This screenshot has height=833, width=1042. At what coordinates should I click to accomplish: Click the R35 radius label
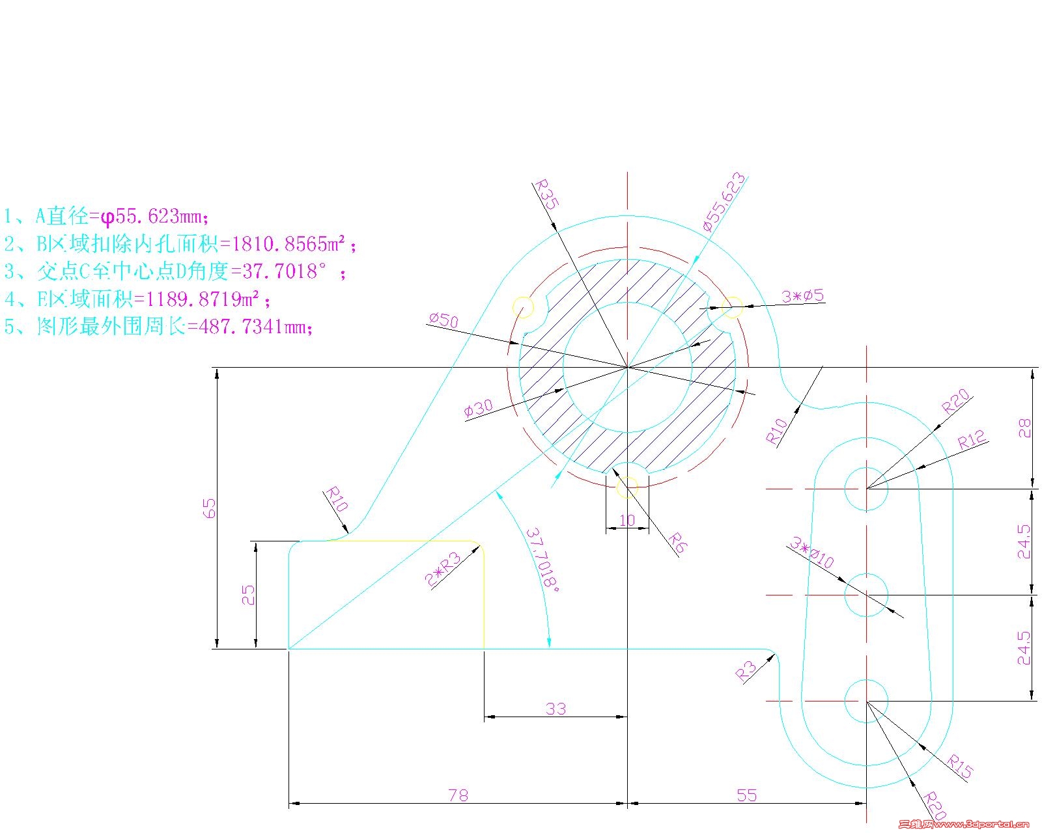click(x=546, y=194)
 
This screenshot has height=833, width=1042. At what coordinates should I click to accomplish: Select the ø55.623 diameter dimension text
click(x=724, y=201)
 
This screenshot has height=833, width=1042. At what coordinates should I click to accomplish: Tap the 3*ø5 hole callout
click(x=803, y=296)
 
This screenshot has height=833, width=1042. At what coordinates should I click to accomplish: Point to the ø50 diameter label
click(x=444, y=320)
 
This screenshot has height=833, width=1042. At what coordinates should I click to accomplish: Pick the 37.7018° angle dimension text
click(x=542, y=559)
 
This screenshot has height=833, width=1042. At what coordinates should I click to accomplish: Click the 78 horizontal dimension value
click(x=458, y=795)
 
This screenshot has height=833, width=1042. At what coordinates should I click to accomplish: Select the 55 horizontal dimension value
click(x=746, y=795)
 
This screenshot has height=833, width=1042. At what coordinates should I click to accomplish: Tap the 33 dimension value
click(x=556, y=709)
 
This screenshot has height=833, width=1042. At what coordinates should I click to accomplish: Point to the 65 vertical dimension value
click(x=210, y=508)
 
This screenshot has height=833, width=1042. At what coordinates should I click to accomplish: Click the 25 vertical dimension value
click(x=248, y=595)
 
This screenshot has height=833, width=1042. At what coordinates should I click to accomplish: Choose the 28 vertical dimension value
click(x=1024, y=428)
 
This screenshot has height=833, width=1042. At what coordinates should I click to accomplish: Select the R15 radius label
click(x=959, y=766)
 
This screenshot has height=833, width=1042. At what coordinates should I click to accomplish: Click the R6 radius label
click(x=677, y=543)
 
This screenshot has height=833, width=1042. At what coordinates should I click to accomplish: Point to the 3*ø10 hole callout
click(x=811, y=553)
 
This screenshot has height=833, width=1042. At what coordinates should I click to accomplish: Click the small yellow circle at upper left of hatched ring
click(x=523, y=307)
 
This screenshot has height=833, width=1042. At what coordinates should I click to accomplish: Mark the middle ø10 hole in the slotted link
click(x=866, y=595)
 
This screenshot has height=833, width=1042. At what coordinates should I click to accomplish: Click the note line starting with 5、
click(x=160, y=326)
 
